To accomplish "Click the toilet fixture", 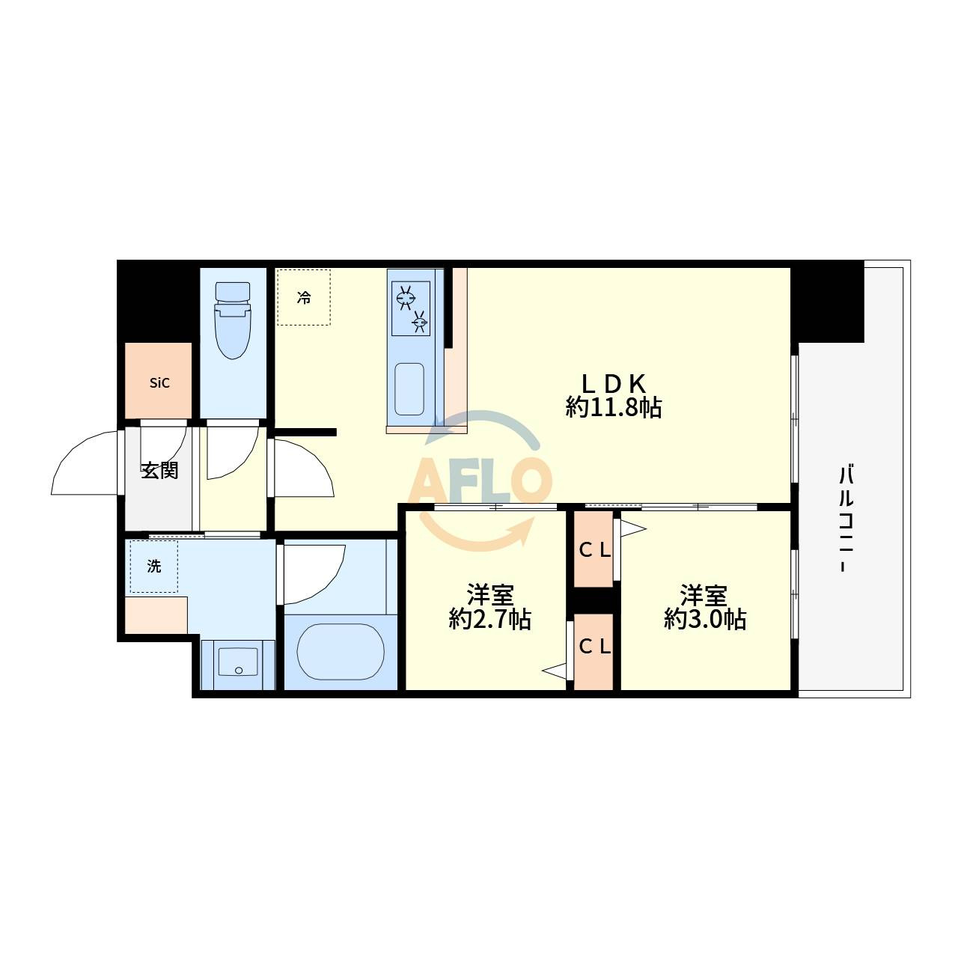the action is click(232, 320).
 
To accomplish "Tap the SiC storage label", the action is click(159, 382).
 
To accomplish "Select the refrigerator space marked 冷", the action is click(304, 297).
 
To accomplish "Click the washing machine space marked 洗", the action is click(154, 567).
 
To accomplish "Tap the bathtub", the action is click(341, 652).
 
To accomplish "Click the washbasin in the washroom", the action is click(238, 662).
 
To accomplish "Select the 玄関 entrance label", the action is click(159, 470).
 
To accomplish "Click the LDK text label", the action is click(614, 383).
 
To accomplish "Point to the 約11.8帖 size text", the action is click(614, 408).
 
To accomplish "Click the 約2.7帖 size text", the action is click(489, 620).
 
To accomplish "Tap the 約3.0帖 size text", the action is click(704, 620).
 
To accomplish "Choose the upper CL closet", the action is click(594, 549).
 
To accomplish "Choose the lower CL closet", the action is click(594, 651).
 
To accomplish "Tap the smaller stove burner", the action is click(419, 322).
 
